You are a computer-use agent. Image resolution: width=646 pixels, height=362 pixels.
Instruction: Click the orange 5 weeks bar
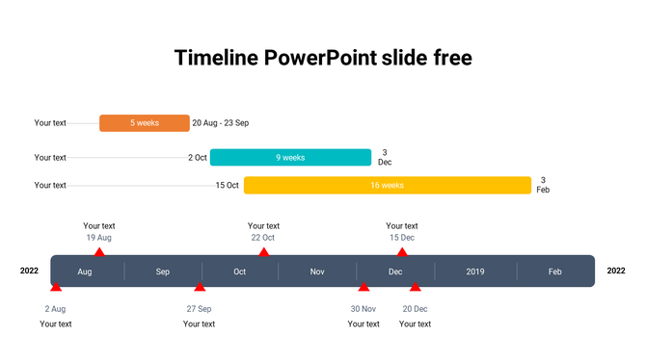(x=145, y=123)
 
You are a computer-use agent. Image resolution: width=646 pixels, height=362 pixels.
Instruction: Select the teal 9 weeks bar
(x=290, y=158)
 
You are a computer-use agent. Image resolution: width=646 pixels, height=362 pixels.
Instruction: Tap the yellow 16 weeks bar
(x=387, y=185)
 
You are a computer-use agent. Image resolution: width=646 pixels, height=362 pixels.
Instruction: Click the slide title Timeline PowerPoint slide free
(x=323, y=58)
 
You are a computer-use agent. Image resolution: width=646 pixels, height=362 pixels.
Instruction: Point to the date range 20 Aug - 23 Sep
(x=221, y=123)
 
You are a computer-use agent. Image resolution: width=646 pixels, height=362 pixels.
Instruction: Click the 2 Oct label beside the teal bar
(x=198, y=158)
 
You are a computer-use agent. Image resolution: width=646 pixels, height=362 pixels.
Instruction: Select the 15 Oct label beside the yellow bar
(x=228, y=185)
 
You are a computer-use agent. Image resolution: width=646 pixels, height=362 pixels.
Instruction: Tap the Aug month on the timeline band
(x=85, y=271)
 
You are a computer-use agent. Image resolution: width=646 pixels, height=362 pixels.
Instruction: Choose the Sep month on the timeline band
(x=162, y=271)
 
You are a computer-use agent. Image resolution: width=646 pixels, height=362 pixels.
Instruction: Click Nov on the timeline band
(x=317, y=271)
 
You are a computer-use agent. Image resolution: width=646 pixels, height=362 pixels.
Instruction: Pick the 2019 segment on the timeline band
(x=475, y=271)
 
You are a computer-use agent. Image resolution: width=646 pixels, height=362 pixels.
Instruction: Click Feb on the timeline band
(x=555, y=271)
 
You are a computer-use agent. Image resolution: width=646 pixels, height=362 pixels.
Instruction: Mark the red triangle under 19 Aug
(x=99, y=252)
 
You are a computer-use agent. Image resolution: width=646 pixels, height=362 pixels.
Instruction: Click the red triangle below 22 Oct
(x=264, y=252)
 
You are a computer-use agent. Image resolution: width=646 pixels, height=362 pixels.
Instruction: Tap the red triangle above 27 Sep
(x=200, y=287)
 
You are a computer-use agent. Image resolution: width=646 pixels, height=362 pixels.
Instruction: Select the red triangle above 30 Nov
(x=363, y=287)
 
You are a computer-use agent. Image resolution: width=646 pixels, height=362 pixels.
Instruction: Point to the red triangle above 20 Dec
(x=416, y=287)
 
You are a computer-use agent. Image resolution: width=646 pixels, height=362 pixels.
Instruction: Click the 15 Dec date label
(x=402, y=238)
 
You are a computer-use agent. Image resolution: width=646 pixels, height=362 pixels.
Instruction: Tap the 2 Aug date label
(x=55, y=309)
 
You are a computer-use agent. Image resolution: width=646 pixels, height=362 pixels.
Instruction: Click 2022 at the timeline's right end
(x=616, y=271)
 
